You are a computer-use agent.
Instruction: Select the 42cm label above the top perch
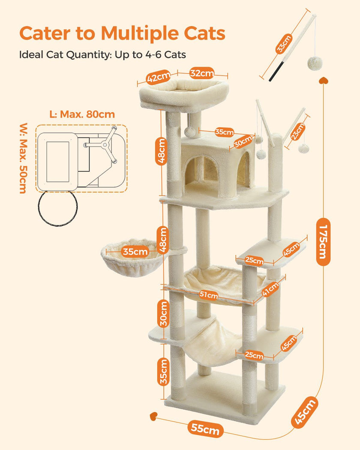[158, 78]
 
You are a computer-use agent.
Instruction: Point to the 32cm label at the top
[202, 74]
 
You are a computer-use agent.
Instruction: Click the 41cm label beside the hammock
[270, 290]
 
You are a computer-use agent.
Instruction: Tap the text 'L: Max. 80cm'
[82, 114]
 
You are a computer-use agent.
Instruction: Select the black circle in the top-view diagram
[57, 207]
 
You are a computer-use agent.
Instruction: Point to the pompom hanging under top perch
[190, 132]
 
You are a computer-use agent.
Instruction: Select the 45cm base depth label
[306, 412]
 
